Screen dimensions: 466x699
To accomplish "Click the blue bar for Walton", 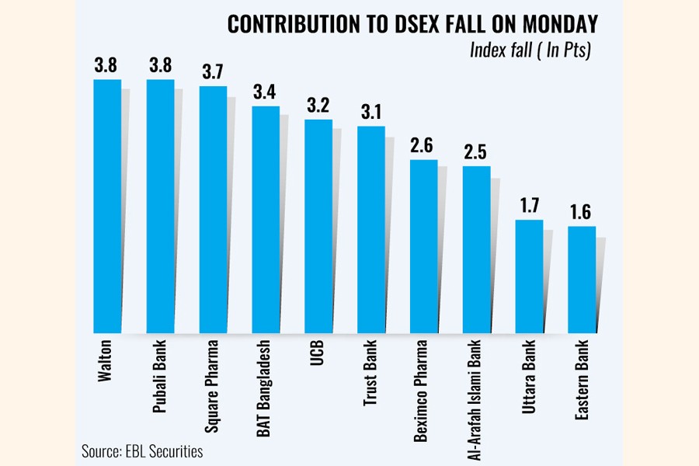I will (x=107, y=206).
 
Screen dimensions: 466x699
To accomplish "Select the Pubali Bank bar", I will (x=160, y=206).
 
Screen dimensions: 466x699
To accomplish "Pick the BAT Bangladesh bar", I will (x=266, y=220).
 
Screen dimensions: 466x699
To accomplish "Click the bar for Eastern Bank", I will (x=582, y=280).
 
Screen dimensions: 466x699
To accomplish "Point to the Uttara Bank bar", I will (x=529, y=276).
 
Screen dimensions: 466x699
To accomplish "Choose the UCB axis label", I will (x=318, y=354).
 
